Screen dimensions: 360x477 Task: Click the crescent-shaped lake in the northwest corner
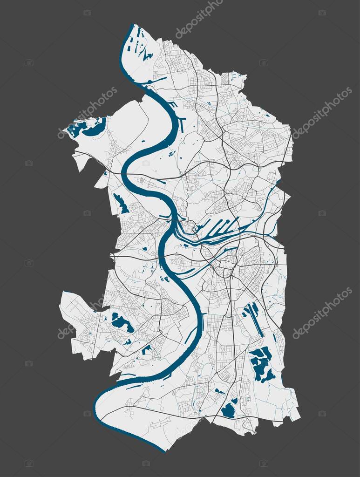click(95, 129)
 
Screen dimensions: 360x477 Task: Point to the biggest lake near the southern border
click(228, 411)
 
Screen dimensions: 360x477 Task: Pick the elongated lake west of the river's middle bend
click(121, 204)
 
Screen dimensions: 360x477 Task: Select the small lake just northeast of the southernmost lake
click(234, 400)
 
